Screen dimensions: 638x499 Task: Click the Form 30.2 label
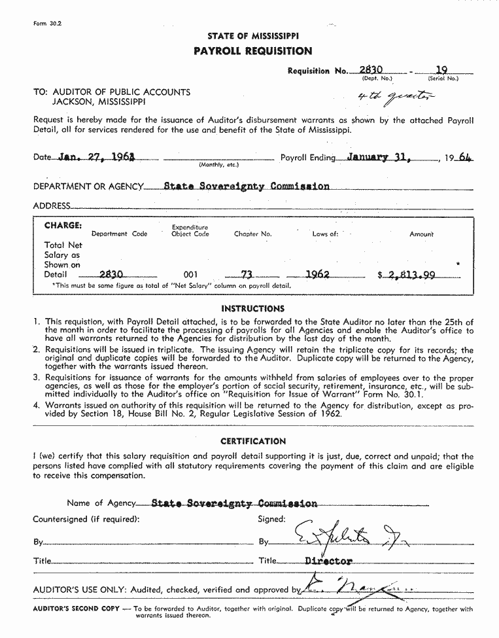(46, 24)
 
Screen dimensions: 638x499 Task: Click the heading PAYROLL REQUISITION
(252, 51)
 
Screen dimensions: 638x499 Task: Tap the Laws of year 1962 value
(317, 275)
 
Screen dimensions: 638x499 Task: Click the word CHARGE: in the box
(63, 226)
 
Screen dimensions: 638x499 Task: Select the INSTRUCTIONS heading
(252, 308)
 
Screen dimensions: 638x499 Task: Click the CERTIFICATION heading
(252, 442)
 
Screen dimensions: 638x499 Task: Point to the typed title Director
(328, 561)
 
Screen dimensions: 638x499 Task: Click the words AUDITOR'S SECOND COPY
(77, 609)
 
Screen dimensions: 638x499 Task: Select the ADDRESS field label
(51, 206)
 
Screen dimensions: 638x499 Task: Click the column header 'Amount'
(421, 234)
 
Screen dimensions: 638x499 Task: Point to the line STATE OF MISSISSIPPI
(252, 36)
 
